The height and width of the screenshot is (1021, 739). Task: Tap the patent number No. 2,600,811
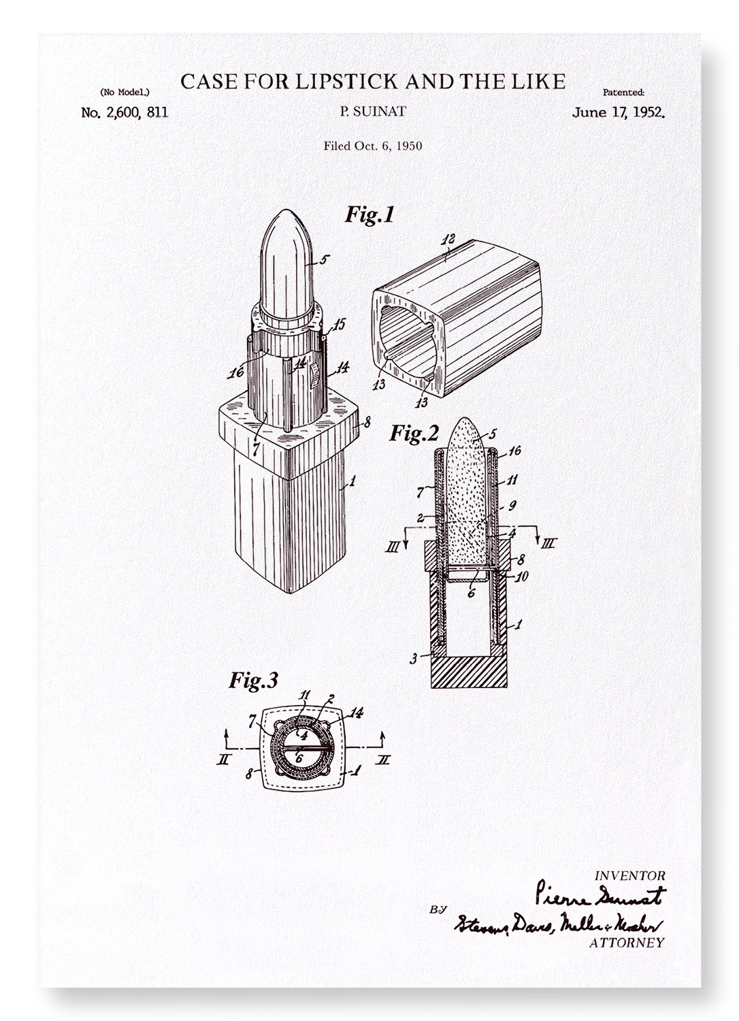[125, 112]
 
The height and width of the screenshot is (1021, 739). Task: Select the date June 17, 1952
[618, 112]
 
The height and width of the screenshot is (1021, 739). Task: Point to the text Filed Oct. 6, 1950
[372, 145]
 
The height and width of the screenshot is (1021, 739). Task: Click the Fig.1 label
[369, 214]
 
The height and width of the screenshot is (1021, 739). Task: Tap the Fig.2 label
[414, 433]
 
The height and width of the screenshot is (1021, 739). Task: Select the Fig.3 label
[252, 680]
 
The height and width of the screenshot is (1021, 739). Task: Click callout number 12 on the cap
[448, 240]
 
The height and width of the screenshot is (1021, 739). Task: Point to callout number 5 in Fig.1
[324, 259]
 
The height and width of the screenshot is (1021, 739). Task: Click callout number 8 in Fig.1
[367, 421]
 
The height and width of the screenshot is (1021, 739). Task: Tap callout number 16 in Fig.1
[236, 372]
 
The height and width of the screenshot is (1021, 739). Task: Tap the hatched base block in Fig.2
[469, 672]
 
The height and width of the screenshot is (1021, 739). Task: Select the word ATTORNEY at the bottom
[625, 943]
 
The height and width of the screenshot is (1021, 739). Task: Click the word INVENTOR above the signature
[630, 876]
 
